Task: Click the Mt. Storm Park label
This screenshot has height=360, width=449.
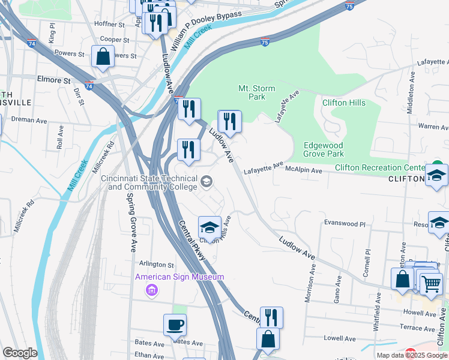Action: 256,92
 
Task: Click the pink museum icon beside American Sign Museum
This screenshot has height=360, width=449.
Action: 152,290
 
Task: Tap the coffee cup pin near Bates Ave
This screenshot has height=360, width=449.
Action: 175,326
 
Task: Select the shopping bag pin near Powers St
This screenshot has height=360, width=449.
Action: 103,57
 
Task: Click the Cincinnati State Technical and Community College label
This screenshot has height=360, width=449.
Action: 149,182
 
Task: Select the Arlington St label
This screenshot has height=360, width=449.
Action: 156,265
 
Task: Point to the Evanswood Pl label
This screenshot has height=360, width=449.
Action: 345,223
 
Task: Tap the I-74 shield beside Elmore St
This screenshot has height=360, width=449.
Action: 89,86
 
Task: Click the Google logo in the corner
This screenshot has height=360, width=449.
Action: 20,353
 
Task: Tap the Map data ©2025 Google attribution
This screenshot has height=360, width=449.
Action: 412,355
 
